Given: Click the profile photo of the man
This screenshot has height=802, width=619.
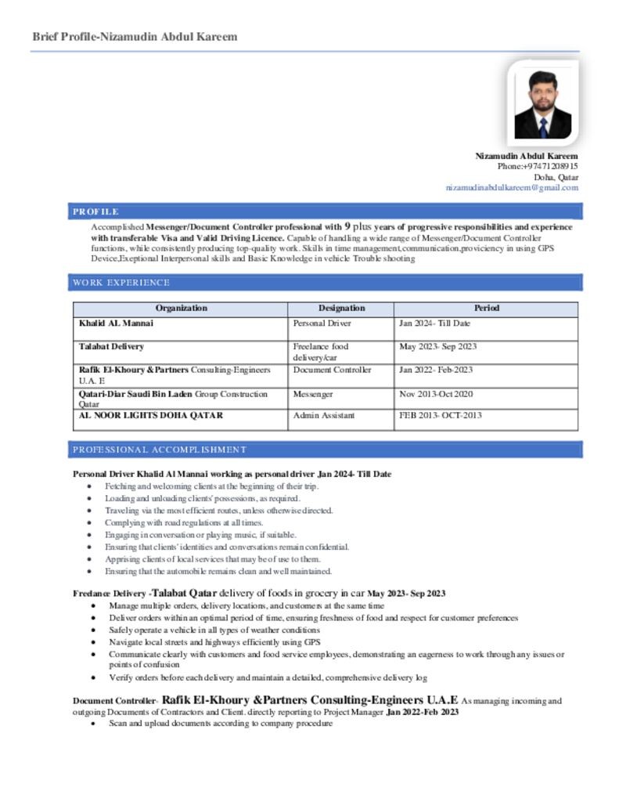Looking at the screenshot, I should (x=542, y=105).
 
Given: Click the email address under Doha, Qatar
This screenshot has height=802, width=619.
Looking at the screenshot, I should (x=512, y=188).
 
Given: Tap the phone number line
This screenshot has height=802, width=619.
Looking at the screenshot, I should (x=538, y=167).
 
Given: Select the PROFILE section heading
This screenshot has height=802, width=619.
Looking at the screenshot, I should (x=95, y=211).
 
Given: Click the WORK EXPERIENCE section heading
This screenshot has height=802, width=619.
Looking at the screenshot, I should (x=121, y=283).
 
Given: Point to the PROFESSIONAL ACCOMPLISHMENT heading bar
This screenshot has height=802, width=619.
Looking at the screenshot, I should (x=160, y=450).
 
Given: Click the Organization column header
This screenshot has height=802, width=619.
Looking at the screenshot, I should (x=181, y=309).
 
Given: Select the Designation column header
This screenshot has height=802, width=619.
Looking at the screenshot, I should (x=341, y=309).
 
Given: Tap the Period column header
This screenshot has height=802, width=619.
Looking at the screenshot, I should (x=486, y=309).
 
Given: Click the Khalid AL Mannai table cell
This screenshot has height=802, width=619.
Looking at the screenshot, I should (x=116, y=323).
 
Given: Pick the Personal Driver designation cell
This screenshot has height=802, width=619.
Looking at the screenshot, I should (x=322, y=323).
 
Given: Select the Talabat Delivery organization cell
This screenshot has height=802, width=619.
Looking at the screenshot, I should (x=111, y=346).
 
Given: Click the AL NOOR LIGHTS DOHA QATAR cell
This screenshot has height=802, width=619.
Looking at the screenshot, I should (x=150, y=416).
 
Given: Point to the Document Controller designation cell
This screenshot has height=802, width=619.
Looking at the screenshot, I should (x=332, y=370).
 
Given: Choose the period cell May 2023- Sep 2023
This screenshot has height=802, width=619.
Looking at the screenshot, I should (x=437, y=347).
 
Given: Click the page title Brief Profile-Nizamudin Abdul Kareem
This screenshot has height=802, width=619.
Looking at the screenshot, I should (x=135, y=37).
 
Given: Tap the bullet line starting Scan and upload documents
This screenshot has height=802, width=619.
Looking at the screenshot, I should (x=221, y=724).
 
